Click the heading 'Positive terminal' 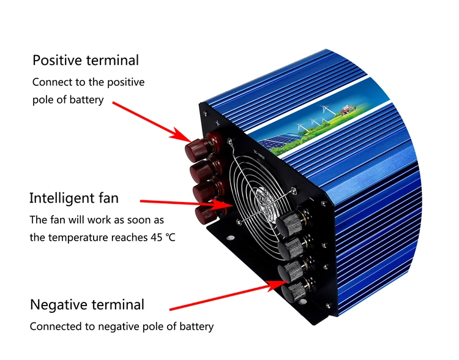click(x=85, y=60)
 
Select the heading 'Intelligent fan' click(x=74, y=198)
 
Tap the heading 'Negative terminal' click(x=87, y=304)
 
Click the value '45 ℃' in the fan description click(x=162, y=236)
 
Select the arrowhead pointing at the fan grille click(x=226, y=204)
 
